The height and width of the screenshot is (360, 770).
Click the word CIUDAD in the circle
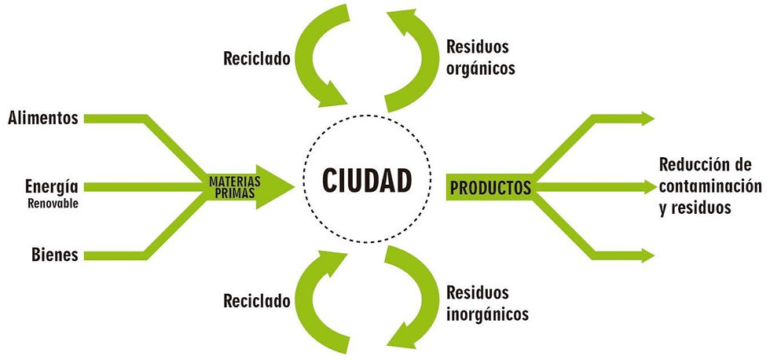(367, 182)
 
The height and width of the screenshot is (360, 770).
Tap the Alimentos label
(42, 119)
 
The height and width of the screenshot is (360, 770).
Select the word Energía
(51, 186)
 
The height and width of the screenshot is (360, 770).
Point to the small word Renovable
(53, 203)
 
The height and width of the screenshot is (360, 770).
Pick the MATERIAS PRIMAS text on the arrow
(232, 186)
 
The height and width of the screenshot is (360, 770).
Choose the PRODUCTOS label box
(489, 189)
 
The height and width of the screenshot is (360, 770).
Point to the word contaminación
(711, 186)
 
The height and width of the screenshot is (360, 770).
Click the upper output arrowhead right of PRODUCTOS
(647, 119)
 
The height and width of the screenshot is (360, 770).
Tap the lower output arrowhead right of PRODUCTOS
(647, 255)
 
